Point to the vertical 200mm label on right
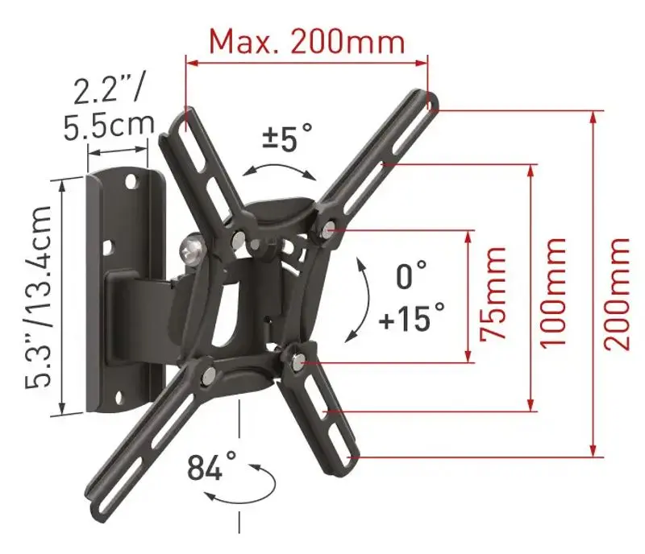618,292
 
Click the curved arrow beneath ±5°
280,168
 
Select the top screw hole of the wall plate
129,183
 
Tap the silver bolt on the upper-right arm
326,228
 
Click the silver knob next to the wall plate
190,249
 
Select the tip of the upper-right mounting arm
432,101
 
